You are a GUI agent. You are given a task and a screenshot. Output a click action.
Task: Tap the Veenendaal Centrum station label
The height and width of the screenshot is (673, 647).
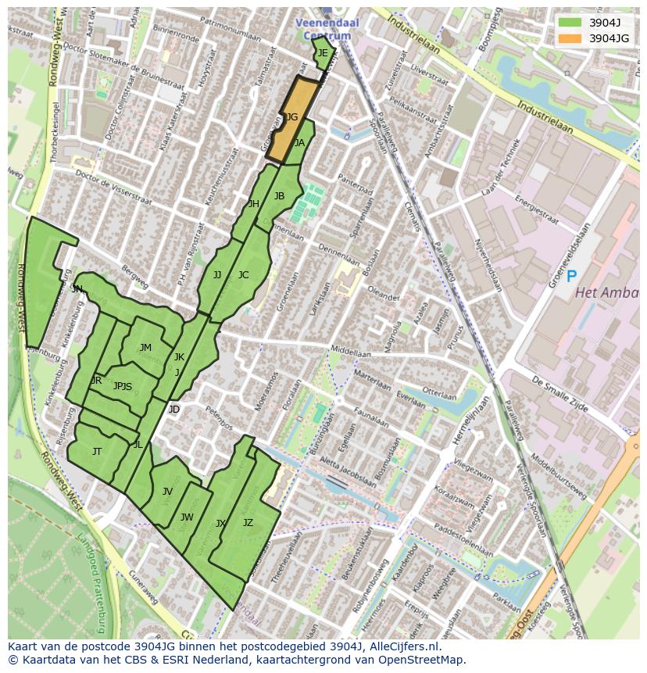pos(327,29)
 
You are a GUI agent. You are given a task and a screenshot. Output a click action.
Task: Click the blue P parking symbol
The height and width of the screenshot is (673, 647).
pos(572,276)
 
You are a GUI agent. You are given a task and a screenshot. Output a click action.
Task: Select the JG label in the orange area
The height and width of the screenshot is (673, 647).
pos(291,117)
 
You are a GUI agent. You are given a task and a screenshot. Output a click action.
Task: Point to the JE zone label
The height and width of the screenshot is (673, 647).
pos(323,53)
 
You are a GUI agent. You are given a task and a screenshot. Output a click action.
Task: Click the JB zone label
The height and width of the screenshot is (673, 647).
pos(279,196)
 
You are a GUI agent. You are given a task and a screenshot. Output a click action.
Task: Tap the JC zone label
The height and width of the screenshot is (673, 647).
pos(243,275)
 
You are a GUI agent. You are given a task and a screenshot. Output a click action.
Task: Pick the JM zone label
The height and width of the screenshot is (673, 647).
pos(145,348)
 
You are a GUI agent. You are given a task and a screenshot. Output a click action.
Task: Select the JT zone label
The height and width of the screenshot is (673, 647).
pos(97,452)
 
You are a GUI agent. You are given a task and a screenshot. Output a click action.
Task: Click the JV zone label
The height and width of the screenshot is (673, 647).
pos(167,492)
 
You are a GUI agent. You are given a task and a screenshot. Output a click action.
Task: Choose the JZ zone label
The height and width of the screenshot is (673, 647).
pos(248,523)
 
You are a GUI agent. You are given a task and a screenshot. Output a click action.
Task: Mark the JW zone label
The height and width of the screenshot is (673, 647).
pos(187,517)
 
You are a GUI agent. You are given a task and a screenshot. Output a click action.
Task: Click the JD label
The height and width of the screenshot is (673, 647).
pos(173,410)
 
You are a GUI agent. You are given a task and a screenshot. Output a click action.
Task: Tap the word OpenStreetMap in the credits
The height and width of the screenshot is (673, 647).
pos(424,660)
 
